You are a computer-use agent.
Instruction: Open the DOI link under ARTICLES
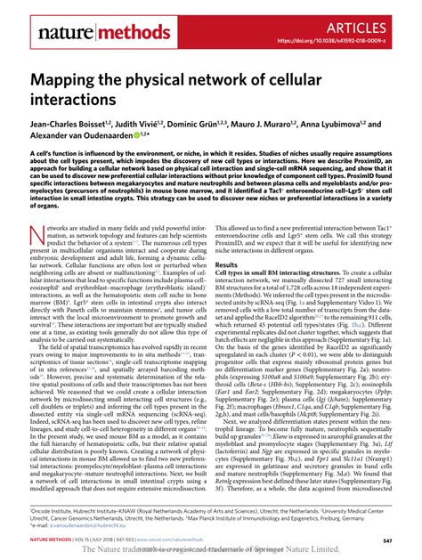tap(342, 41)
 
